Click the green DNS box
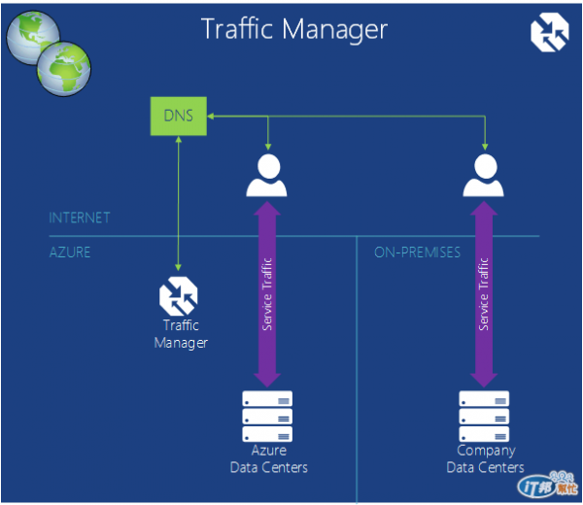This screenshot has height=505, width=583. [179, 117]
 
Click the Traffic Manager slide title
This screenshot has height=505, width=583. [293, 28]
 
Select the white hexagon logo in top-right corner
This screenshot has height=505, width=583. [549, 31]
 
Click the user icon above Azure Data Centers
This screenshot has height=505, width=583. [267, 176]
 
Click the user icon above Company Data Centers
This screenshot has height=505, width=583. [484, 176]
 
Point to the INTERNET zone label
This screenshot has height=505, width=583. [80, 218]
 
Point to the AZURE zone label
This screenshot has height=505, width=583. [69, 252]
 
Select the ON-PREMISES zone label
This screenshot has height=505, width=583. [417, 252]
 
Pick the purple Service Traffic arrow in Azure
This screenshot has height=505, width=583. [267, 292]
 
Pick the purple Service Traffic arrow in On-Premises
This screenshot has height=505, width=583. [484, 292]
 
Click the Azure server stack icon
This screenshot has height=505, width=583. [267, 417]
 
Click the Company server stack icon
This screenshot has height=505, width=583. [484, 416]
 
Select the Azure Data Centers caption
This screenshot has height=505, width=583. [268, 459]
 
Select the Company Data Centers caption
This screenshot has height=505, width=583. [485, 458]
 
